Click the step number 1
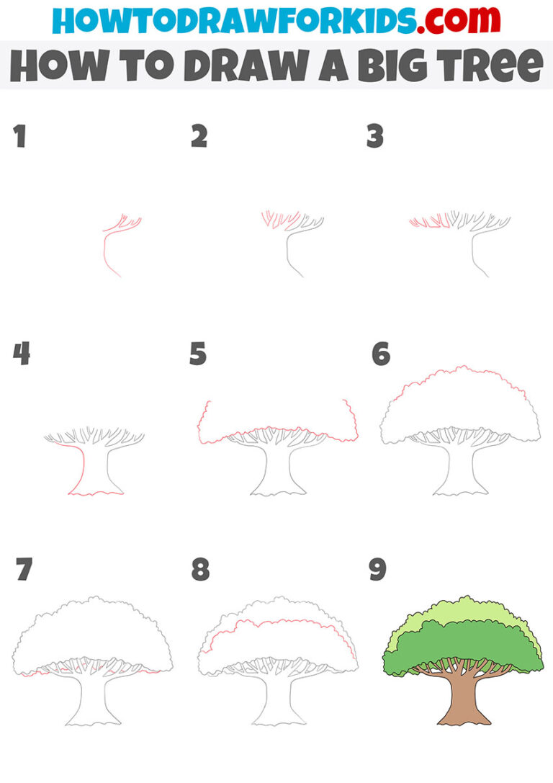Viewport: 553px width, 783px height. (19, 137)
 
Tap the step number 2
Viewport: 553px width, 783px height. (199, 137)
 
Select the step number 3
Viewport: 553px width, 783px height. (375, 137)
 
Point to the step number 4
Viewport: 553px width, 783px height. (21, 354)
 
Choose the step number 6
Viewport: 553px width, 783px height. (381, 354)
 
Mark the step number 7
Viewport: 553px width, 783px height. (24, 570)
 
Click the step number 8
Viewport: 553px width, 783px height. (200, 570)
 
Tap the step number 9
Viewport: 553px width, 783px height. (377, 570)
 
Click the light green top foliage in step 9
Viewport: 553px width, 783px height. (461, 610)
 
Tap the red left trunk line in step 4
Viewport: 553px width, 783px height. (81, 468)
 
